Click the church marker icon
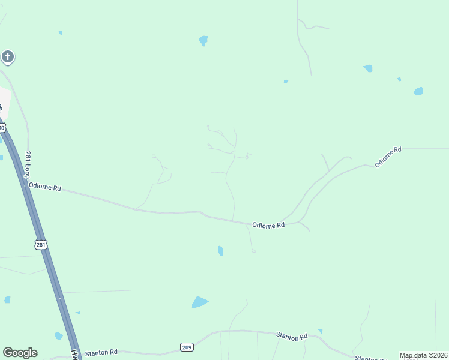pyautogui.click(x=7, y=57)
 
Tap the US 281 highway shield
pyautogui.click(x=40, y=245)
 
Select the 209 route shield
pyautogui.click(x=187, y=347)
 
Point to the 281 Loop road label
pyautogui.click(x=28, y=164)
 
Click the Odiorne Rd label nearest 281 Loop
pyautogui.click(x=45, y=187)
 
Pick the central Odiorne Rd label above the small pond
pyautogui.click(x=268, y=226)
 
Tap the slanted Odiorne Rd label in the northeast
pyautogui.click(x=388, y=156)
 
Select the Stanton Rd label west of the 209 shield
pyautogui.click(x=101, y=353)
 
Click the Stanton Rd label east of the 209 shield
pyautogui.click(x=291, y=336)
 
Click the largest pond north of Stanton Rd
pyautogui.click(x=199, y=302)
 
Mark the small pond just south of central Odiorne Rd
pyautogui.click(x=220, y=251)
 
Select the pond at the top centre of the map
pyautogui.click(x=203, y=41)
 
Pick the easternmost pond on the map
pyautogui.click(x=418, y=91)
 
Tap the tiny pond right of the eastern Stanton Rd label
pyautogui.click(x=321, y=331)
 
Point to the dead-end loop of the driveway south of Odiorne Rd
pyautogui.click(x=253, y=251)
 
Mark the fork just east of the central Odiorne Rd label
pyautogui.click(x=299, y=222)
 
